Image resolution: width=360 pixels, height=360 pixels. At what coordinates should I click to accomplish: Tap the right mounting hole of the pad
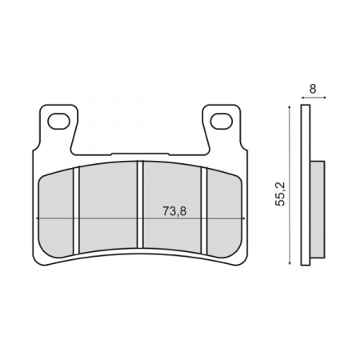(222, 122)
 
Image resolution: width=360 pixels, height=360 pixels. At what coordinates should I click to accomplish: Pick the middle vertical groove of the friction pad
(140, 206)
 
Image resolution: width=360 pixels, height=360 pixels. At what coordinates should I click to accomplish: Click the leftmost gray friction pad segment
(57, 212)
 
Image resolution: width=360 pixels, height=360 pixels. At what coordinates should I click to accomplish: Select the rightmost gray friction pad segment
(225, 212)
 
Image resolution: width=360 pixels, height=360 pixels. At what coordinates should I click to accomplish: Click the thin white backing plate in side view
(305, 185)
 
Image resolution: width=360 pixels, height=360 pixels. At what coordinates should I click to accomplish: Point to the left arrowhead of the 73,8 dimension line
(39, 219)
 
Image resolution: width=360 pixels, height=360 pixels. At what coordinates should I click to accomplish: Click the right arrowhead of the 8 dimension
(324, 98)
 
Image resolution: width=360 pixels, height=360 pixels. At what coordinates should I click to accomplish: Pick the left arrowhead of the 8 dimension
(302, 98)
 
